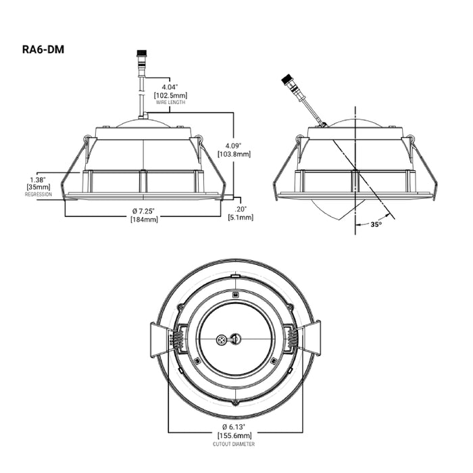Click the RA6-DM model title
coord(43,49)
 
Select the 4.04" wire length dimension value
coord(170,87)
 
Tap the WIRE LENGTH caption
coord(170,103)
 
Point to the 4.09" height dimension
coord(234,146)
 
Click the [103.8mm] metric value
coord(234,154)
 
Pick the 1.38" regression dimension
coord(39,180)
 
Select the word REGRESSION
coord(39,195)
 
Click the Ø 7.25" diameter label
coord(144,211)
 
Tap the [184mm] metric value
coord(144,220)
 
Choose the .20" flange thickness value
coord(241,209)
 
